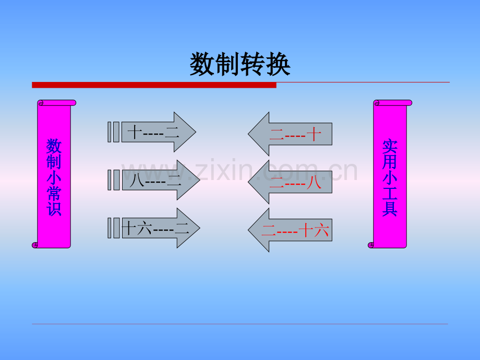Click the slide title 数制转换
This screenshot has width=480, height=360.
pyautogui.click(x=240, y=64)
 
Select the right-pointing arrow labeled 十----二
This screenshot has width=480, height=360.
pyautogui.click(x=152, y=132)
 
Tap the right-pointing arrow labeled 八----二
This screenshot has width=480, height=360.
pyautogui.click(x=154, y=180)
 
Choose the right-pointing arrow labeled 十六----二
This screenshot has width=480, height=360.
pyautogui.click(x=154, y=228)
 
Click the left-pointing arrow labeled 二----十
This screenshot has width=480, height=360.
pyautogui.click(x=290, y=134)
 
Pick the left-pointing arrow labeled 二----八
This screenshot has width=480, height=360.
pyautogui.click(x=290, y=182)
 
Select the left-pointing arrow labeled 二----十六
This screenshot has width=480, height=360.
pyautogui.click(x=290, y=230)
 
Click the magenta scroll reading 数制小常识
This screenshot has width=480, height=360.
pyautogui.click(x=54, y=174)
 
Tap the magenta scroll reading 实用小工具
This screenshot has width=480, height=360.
pyautogui.click(x=390, y=174)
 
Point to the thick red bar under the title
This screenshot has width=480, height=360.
pyautogui.click(x=154, y=85)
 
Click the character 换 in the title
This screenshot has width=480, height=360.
pyautogui.click(x=278, y=64)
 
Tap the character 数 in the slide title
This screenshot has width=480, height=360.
pyautogui.click(x=202, y=64)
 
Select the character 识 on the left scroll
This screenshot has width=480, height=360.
pyautogui.click(x=54, y=209)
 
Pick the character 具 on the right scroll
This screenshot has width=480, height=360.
pyautogui.click(x=390, y=209)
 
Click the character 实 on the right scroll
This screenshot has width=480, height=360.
pyautogui.click(x=390, y=146)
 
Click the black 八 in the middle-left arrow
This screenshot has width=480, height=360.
pyautogui.click(x=137, y=181)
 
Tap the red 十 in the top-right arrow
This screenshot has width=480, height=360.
pyautogui.click(x=314, y=134)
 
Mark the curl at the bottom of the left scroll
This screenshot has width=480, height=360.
pyautogui.click(x=35, y=245)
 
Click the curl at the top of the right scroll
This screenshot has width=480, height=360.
pyautogui.click(x=377, y=103)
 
